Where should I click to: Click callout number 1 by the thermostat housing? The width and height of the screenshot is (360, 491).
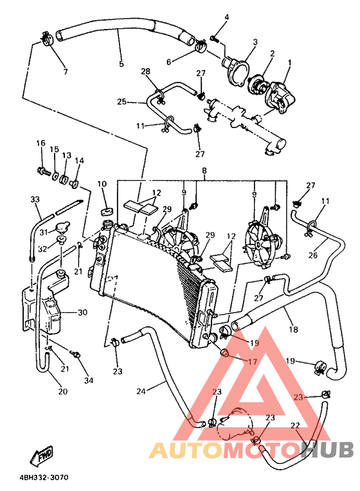289,62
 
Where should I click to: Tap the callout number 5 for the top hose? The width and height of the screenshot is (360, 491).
121,64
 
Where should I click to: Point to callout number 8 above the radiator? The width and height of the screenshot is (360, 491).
204,171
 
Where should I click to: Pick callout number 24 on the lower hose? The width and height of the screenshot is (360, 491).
141,391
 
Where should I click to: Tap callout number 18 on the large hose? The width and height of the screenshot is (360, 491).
294,329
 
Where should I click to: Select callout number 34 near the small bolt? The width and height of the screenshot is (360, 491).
89,381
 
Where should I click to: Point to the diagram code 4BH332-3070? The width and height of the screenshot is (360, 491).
44,477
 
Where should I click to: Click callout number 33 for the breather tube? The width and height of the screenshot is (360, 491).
35,200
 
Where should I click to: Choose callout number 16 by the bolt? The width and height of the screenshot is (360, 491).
40,143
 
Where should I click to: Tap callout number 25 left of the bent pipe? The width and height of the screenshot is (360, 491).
122,102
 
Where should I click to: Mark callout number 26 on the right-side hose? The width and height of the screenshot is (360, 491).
313,254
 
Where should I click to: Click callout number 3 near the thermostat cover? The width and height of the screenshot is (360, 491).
255,42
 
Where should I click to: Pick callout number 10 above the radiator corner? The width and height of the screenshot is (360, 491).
102,185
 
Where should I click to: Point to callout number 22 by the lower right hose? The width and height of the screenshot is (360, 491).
295,425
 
